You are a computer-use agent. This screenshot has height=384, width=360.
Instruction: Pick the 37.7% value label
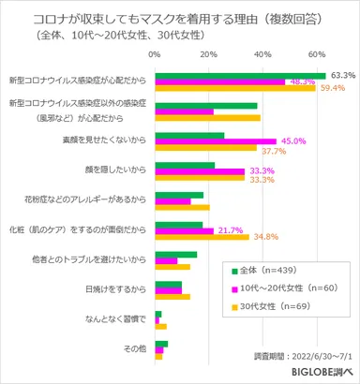273,151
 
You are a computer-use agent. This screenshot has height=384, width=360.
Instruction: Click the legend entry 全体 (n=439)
272,271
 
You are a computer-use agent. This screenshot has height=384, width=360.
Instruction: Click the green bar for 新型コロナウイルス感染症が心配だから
240,75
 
